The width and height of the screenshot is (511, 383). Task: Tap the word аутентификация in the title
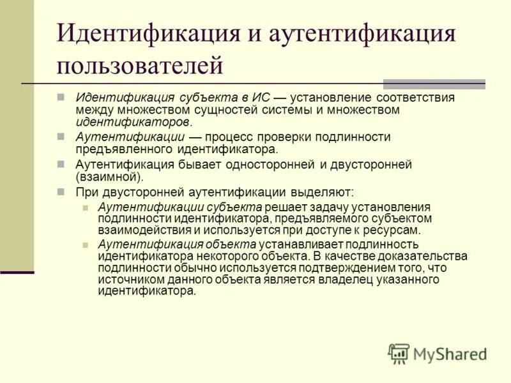click(x=361, y=34)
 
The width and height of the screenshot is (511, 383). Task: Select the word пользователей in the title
click(x=141, y=66)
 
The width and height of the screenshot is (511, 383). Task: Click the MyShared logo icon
click(x=399, y=354)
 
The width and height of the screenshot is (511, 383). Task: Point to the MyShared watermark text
click(x=450, y=354)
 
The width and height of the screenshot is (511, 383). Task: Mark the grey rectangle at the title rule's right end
click(x=434, y=84)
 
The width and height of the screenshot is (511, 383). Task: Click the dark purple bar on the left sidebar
click(x=17, y=273)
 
